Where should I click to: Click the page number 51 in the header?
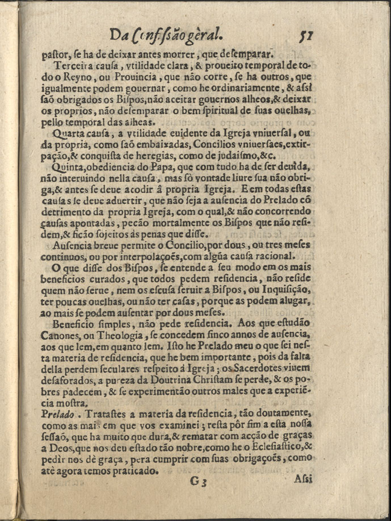point(307,36)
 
